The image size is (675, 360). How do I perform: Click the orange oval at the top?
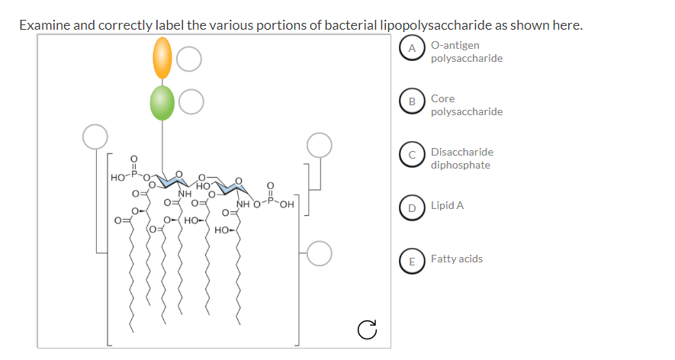point(162,59)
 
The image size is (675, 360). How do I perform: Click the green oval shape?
point(162,103)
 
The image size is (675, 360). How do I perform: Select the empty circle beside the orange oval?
point(190,59)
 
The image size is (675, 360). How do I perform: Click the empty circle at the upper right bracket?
point(320,144)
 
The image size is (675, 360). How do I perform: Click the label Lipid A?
point(447,206)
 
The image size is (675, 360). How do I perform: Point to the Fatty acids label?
point(456,259)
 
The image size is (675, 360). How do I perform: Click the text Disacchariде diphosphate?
point(461,159)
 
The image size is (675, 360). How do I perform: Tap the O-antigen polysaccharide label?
point(466,52)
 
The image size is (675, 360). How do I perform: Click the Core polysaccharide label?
point(466,105)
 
